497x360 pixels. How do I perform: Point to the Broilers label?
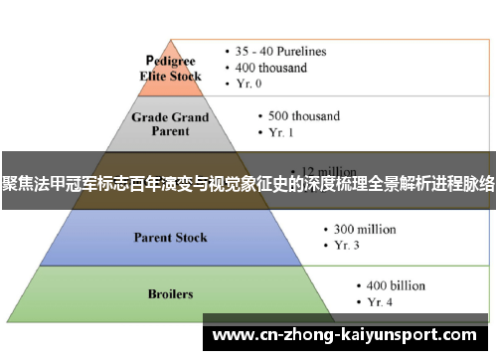point(171,294)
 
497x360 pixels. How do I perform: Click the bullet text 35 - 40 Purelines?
point(281,52)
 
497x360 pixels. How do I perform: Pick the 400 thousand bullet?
point(272,68)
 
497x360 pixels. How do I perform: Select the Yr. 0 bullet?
point(252,85)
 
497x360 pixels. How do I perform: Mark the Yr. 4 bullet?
point(375,301)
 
